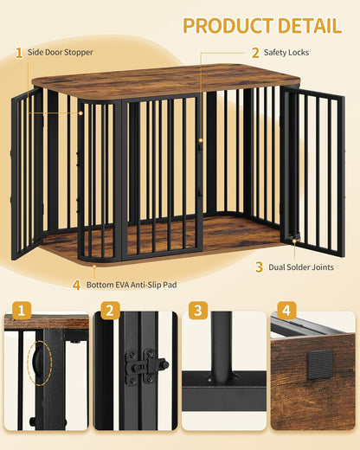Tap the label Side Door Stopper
(x=61, y=53)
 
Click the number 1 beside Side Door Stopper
(x=19, y=53)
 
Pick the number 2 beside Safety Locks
(x=255, y=53)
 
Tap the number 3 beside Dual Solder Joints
(x=258, y=267)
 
